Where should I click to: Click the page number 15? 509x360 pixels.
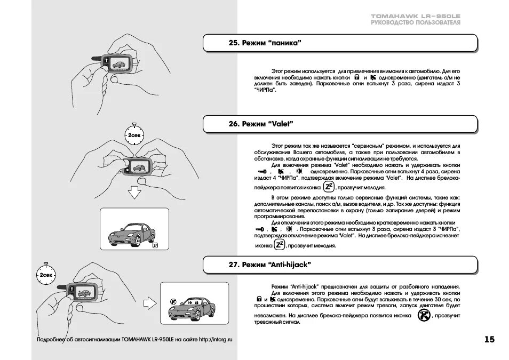coord(489,339)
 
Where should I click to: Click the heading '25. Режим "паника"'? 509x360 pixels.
coord(265,43)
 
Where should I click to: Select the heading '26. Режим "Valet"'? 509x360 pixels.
coord(261,124)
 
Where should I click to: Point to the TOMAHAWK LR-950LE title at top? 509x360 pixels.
coord(416,17)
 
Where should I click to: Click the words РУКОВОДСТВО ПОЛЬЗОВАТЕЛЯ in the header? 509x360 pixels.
coord(416,23)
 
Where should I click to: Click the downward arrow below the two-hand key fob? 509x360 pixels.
coord(136,192)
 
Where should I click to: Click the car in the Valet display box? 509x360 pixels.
coord(131,233)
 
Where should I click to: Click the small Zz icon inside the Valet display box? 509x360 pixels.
coord(155,245)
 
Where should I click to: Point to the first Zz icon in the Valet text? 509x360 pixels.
coord(329,187)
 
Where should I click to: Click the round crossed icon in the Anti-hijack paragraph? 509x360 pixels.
coord(423,315)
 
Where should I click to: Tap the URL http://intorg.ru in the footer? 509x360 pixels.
coord(216,339)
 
